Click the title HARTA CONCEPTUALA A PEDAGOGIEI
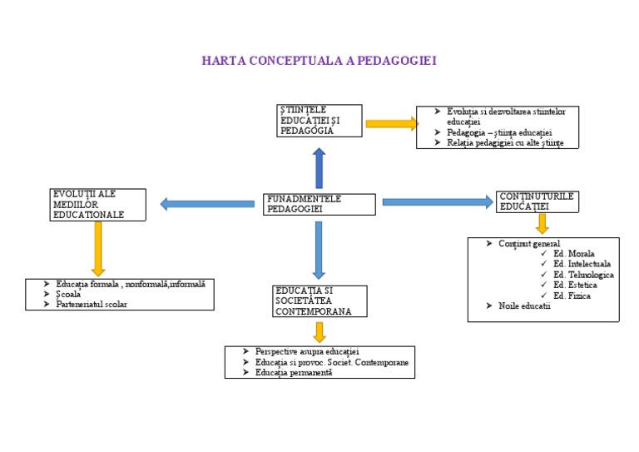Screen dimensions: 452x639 point(319,61)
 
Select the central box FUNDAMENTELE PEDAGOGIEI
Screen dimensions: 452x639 point(320,205)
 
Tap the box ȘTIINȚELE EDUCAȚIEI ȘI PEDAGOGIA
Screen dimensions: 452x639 point(319,120)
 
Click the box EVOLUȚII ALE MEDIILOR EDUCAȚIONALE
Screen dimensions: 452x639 point(98,205)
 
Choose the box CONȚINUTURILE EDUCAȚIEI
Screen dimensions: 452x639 point(537,201)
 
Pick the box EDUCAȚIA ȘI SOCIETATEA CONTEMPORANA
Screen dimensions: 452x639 point(319,301)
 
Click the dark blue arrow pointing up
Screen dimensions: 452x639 point(319,168)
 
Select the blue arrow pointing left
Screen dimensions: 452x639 point(207,203)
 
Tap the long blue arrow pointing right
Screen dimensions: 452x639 point(438,201)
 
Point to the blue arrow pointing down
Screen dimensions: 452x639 point(319,250)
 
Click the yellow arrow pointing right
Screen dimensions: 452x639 point(391,124)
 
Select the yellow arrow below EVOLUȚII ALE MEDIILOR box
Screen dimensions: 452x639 point(98,249)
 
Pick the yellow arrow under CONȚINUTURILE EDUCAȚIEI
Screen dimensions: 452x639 point(542,223)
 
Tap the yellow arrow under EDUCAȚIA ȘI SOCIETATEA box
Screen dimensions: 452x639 point(319,332)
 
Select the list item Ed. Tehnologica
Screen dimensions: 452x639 point(583,275)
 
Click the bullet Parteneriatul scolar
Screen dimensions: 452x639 point(92,304)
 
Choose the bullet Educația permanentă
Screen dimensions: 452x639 point(294,373)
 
